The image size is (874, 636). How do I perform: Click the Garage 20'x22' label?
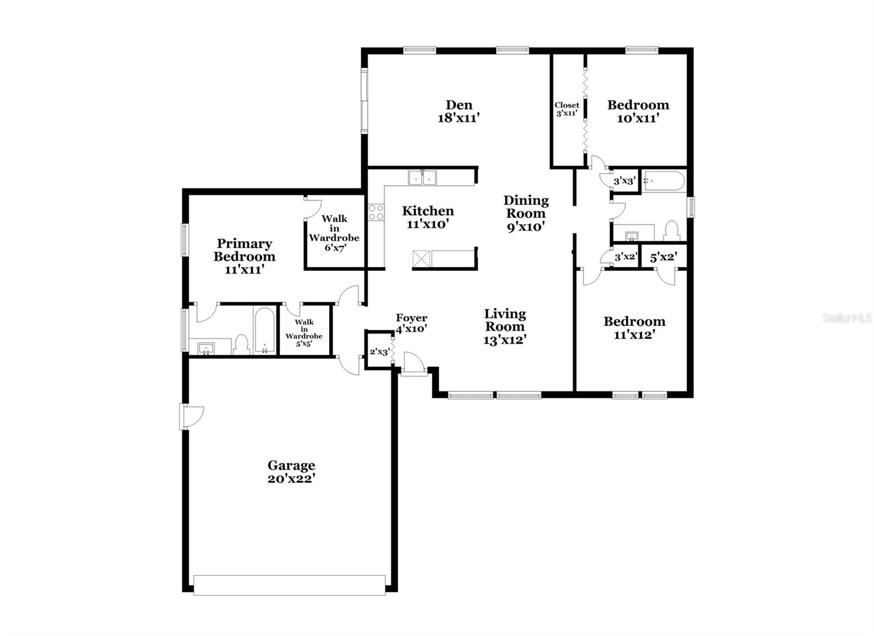tap(291, 472)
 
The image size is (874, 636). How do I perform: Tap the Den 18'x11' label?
tap(459, 112)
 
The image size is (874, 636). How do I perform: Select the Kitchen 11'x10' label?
tap(428, 217)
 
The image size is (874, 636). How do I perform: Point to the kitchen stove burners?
tap(376, 213)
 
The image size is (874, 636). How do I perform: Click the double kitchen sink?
tap(423, 178)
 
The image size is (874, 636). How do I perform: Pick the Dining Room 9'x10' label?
tap(526, 214)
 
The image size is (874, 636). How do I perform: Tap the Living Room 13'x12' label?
tap(505, 326)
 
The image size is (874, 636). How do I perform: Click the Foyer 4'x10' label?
tap(411, 324)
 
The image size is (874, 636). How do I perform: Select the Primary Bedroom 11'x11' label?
tap(244, 256)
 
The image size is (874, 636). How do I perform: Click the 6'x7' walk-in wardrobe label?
tap(334, 233)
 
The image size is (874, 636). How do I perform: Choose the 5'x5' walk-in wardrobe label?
tap(304, 333)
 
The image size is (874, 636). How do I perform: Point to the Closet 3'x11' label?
tap(567, 109)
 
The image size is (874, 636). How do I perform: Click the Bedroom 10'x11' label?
tap(639, 112)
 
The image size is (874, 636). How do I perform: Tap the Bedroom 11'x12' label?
tap(634, 328)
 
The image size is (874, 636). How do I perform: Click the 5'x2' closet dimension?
tap(663, 258)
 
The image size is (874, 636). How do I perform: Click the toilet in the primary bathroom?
tap(241, 345)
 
